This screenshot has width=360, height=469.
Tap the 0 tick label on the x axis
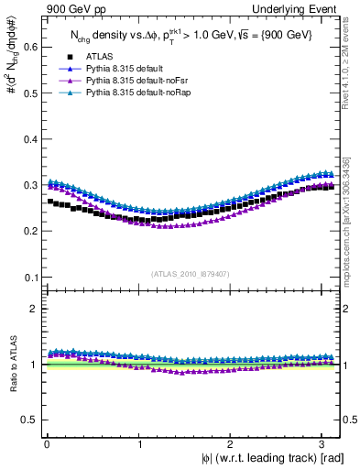point(47,444)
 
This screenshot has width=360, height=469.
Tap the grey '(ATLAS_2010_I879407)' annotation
point(191,272)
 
